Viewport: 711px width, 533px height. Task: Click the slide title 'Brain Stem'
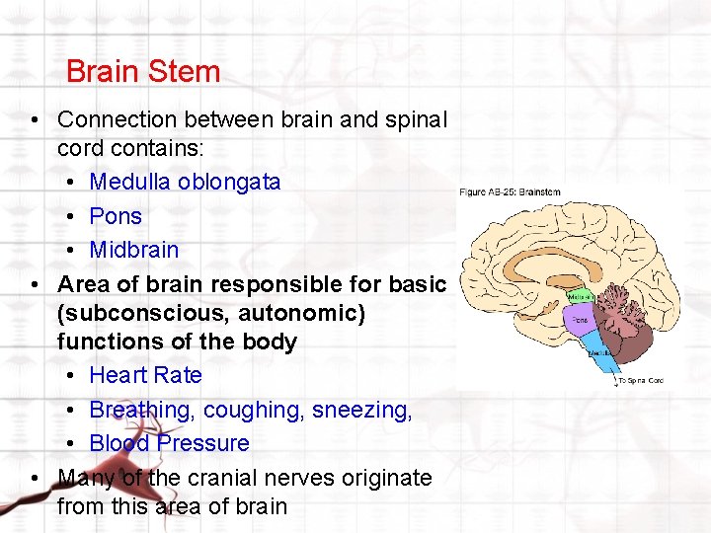click(x=142, y=72)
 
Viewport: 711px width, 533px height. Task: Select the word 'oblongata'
click(x=229, y=183)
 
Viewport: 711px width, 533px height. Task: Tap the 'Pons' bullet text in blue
click(x=116, y=216)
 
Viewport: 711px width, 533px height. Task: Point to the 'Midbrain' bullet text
click(x=134, y=250)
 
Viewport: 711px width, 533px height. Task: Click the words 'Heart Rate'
click(x=145, y=375)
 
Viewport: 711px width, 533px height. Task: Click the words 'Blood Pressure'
click(x=169, y=443)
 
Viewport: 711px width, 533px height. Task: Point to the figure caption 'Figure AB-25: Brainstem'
click(x=510, y=191)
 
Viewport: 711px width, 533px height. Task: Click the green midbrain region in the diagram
click(x=581, y=296)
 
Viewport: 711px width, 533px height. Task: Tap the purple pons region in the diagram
click(x=579, y=321)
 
